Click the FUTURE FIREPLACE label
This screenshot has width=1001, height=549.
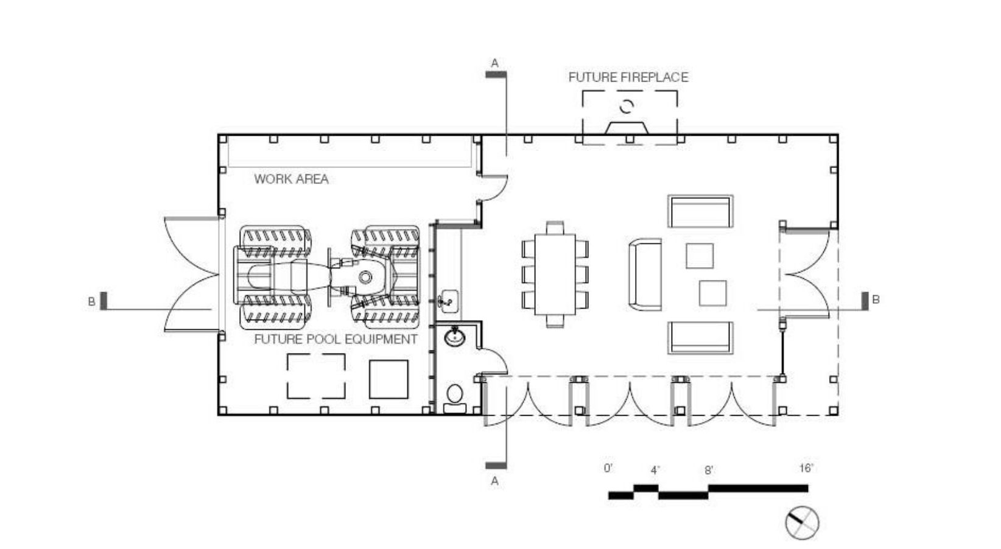(628, 77)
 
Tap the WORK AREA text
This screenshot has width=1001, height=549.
(292, 179)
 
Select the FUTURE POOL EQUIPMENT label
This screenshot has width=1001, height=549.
(335, 340)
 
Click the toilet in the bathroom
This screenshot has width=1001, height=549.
(454, 399)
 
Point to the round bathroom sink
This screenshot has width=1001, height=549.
(455, 336)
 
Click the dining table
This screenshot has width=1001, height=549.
(555, 274)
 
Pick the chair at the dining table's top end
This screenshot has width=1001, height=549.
(555, 228)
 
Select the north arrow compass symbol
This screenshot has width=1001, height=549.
(802, 523)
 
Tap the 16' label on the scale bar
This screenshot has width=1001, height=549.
(806, 468)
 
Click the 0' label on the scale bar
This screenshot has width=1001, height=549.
(608, 468)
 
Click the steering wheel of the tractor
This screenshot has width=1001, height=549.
(365, 278)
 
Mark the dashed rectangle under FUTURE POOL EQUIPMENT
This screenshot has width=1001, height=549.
(316, 376)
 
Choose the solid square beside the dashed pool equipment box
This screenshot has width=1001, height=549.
(389, 379)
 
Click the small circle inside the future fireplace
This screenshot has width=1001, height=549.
(627, 107)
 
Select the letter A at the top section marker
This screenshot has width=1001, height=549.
(494, 63)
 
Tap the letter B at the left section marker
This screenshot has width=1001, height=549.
(91, 301)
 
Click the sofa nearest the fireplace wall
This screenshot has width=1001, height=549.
(700, 211)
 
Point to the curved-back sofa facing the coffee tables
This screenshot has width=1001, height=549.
(645, 274)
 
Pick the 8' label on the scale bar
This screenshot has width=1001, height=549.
(709, 470)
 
